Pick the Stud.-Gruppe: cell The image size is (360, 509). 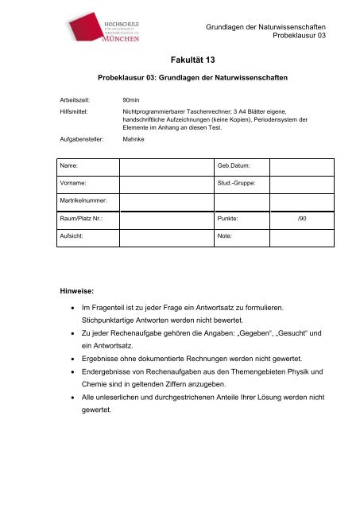[237, 183]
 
